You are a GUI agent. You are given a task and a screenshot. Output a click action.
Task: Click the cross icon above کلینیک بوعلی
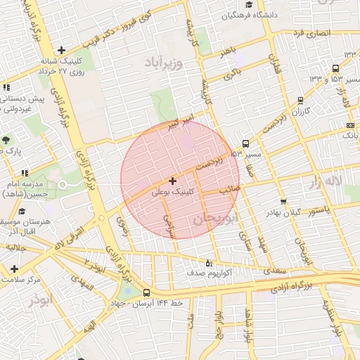(172, 181)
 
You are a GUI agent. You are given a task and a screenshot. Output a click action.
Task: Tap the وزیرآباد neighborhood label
(163, 63)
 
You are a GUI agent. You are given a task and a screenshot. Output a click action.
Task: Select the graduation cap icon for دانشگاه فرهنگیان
(229, 15)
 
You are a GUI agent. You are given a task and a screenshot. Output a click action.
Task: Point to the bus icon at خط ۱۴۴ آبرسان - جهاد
(146, 292)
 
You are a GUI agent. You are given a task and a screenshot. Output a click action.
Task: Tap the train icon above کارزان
(301, 100)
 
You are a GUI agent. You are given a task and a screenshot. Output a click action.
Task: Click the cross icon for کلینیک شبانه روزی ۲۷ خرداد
(62, 50)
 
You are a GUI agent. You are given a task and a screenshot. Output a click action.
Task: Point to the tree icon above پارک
(6, 140)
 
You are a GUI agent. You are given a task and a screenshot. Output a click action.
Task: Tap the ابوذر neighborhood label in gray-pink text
(40, 301)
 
